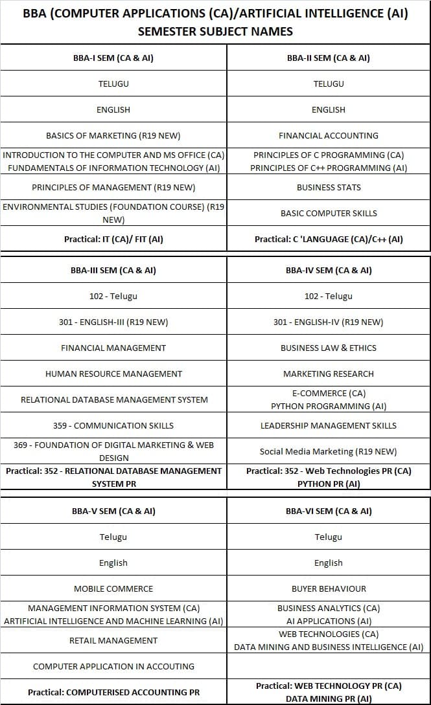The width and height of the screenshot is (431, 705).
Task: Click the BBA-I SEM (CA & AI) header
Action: [x=113, y=58]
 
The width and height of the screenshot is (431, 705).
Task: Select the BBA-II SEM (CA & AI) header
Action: [x=329, y=58]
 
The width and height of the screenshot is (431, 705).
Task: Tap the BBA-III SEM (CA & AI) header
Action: [x=113, y=270]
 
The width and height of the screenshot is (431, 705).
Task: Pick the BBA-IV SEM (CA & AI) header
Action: [x=329, y=270]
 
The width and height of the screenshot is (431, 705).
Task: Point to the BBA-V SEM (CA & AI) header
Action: [x=113, y=511]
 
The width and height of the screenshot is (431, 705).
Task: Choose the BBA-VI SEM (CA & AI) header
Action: [x=329, y=511]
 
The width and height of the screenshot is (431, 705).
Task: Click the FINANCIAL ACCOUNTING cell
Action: [x=329, y=135]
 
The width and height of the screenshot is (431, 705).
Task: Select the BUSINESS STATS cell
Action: [x=329, y=187]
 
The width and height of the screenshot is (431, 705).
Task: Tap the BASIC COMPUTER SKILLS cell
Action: [x=329, y=213]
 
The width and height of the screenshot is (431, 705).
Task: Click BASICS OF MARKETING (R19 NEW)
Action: [x=113, y=135]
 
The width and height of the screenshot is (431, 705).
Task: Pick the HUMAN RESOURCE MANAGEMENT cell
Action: [x=113, y=374]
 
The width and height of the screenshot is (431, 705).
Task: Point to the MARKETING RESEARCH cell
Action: [x=329, y=374]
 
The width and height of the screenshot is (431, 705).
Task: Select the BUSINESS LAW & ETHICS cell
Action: [x=329, y=348]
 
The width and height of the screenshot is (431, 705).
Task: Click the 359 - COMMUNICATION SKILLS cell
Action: [x=113, y=425]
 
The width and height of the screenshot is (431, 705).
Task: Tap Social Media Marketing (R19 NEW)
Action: [x=329, y=451]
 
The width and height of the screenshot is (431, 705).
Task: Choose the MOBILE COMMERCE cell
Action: [x=113, y=588]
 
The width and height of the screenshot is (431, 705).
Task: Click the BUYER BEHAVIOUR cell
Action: [x=329, y=588]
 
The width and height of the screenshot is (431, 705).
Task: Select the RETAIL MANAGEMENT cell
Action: [x=113, y=640]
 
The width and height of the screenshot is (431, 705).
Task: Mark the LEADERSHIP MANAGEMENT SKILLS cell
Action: [x=329, y=425]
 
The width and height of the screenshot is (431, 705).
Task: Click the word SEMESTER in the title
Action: [x=169, y=31]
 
